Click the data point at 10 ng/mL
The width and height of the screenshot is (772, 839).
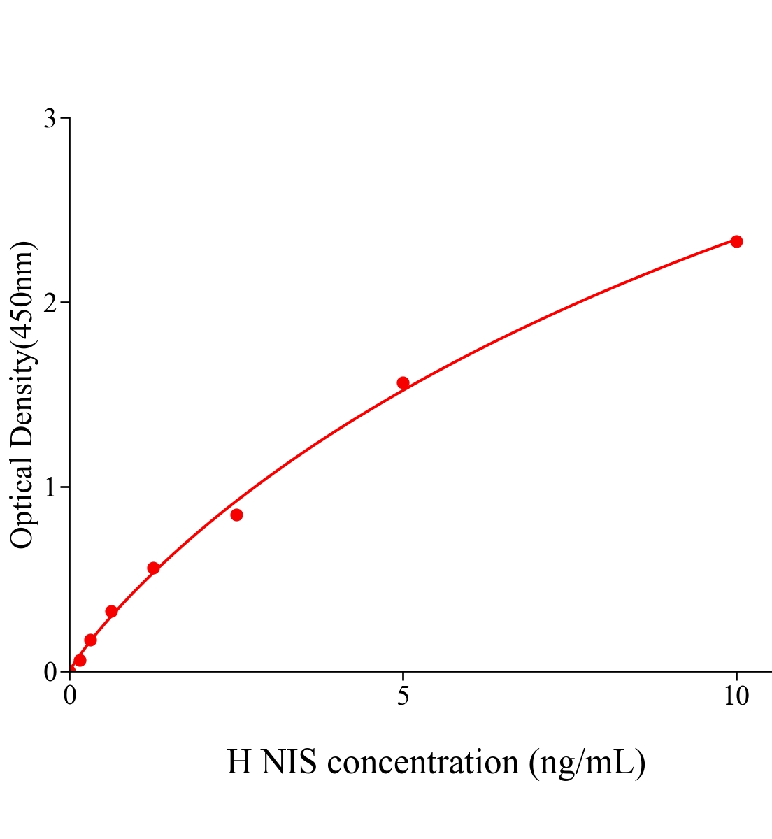(x=736, y=241)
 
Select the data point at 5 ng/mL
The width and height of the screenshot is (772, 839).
(x=403, y=382)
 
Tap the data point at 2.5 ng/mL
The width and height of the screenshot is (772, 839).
(x=236, y=515)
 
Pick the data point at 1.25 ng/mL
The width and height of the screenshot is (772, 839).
(x=153, y=568)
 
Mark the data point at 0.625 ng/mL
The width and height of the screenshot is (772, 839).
(x=111, y=612)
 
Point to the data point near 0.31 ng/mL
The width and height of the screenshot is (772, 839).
(x=90, y=640)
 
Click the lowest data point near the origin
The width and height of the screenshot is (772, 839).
(x=80, y=660)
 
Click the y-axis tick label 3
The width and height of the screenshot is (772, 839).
(x=50, y=119)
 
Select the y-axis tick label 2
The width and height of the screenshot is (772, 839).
(x=50, y=303)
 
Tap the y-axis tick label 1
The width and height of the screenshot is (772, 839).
(x=50, y=487)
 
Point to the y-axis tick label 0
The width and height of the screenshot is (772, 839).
(x=50, y=672)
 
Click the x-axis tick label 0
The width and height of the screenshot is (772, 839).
(x=69, y=696)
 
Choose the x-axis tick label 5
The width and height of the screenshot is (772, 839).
(x=403, y=696)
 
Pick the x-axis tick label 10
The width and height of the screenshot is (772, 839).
(x=736, y=696)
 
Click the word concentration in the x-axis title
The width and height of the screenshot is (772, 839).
(x=422, y=762)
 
